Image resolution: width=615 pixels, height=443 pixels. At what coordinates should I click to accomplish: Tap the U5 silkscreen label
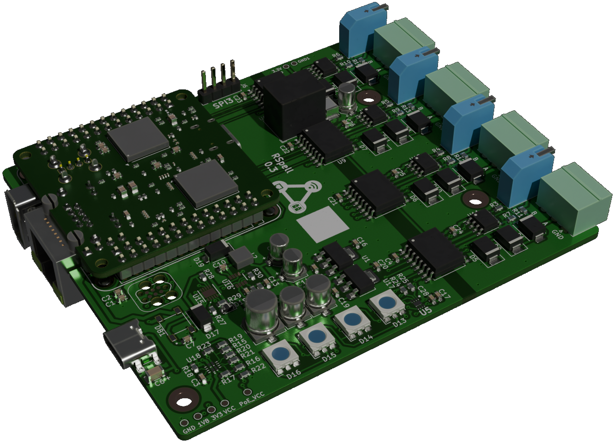pyautogui.click(x=426, y=311)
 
